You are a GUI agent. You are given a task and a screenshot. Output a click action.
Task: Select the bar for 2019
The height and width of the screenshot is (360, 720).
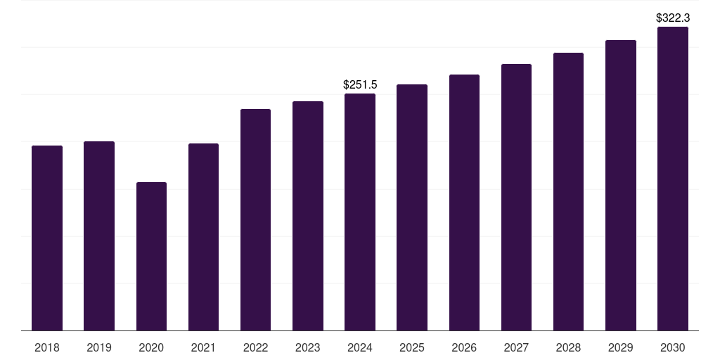[99, 236]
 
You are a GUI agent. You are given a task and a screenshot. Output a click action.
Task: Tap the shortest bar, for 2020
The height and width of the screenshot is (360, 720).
[151, 256]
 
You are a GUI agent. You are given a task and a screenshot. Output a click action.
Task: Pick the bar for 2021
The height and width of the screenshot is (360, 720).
[203, 237]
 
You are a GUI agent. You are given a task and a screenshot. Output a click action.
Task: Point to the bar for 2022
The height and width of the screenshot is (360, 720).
[256, 219]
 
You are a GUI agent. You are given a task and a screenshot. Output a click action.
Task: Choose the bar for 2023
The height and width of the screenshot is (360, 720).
[308, 216]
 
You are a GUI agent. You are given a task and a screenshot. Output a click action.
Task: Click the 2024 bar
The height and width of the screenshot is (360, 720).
[360, 212]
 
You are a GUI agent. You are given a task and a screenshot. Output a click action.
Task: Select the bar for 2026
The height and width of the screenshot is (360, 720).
[464, 202]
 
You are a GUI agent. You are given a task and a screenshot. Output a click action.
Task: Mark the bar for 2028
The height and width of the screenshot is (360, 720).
[568, 191]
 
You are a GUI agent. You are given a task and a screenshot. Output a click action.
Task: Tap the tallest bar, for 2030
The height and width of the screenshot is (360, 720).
[673, 179]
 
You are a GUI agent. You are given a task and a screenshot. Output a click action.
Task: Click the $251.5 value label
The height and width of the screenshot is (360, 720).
[360, 85]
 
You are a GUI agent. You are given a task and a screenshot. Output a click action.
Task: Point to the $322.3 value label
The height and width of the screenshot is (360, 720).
[673, 18]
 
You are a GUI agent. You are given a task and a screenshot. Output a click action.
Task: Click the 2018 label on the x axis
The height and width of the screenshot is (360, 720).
[47, 347]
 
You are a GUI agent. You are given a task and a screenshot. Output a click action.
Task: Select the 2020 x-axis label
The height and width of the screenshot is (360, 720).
[151, 347]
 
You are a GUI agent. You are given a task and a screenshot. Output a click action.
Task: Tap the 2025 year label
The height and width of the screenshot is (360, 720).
[412, 347]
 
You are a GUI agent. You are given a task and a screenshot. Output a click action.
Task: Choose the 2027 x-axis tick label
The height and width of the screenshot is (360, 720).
[516, 347]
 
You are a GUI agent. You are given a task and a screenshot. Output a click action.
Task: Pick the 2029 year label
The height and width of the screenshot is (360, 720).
[620, 347]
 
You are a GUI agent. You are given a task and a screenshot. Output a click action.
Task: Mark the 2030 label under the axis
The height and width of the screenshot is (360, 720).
[673, 347]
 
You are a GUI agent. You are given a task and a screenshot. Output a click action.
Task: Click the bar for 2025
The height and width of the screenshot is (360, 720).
[412, 207]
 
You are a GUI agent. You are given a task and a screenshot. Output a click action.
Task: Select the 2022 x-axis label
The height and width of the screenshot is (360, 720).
[256, 347]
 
